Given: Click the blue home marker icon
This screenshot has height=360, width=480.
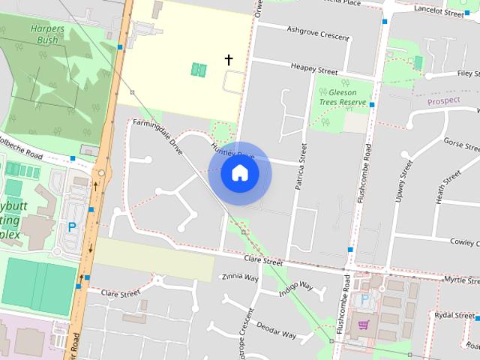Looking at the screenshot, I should click(240, 173).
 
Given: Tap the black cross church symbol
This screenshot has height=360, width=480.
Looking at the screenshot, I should click(229, 59).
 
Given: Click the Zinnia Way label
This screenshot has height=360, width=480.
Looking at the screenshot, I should click(240, 277).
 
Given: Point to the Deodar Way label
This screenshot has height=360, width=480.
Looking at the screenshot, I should click(276, 330).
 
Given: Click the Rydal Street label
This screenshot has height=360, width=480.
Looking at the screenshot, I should click(454, 316).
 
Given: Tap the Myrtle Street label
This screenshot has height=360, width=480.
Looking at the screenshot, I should click(460, 279).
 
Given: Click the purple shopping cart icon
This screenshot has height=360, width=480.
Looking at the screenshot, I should click(364, 325).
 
